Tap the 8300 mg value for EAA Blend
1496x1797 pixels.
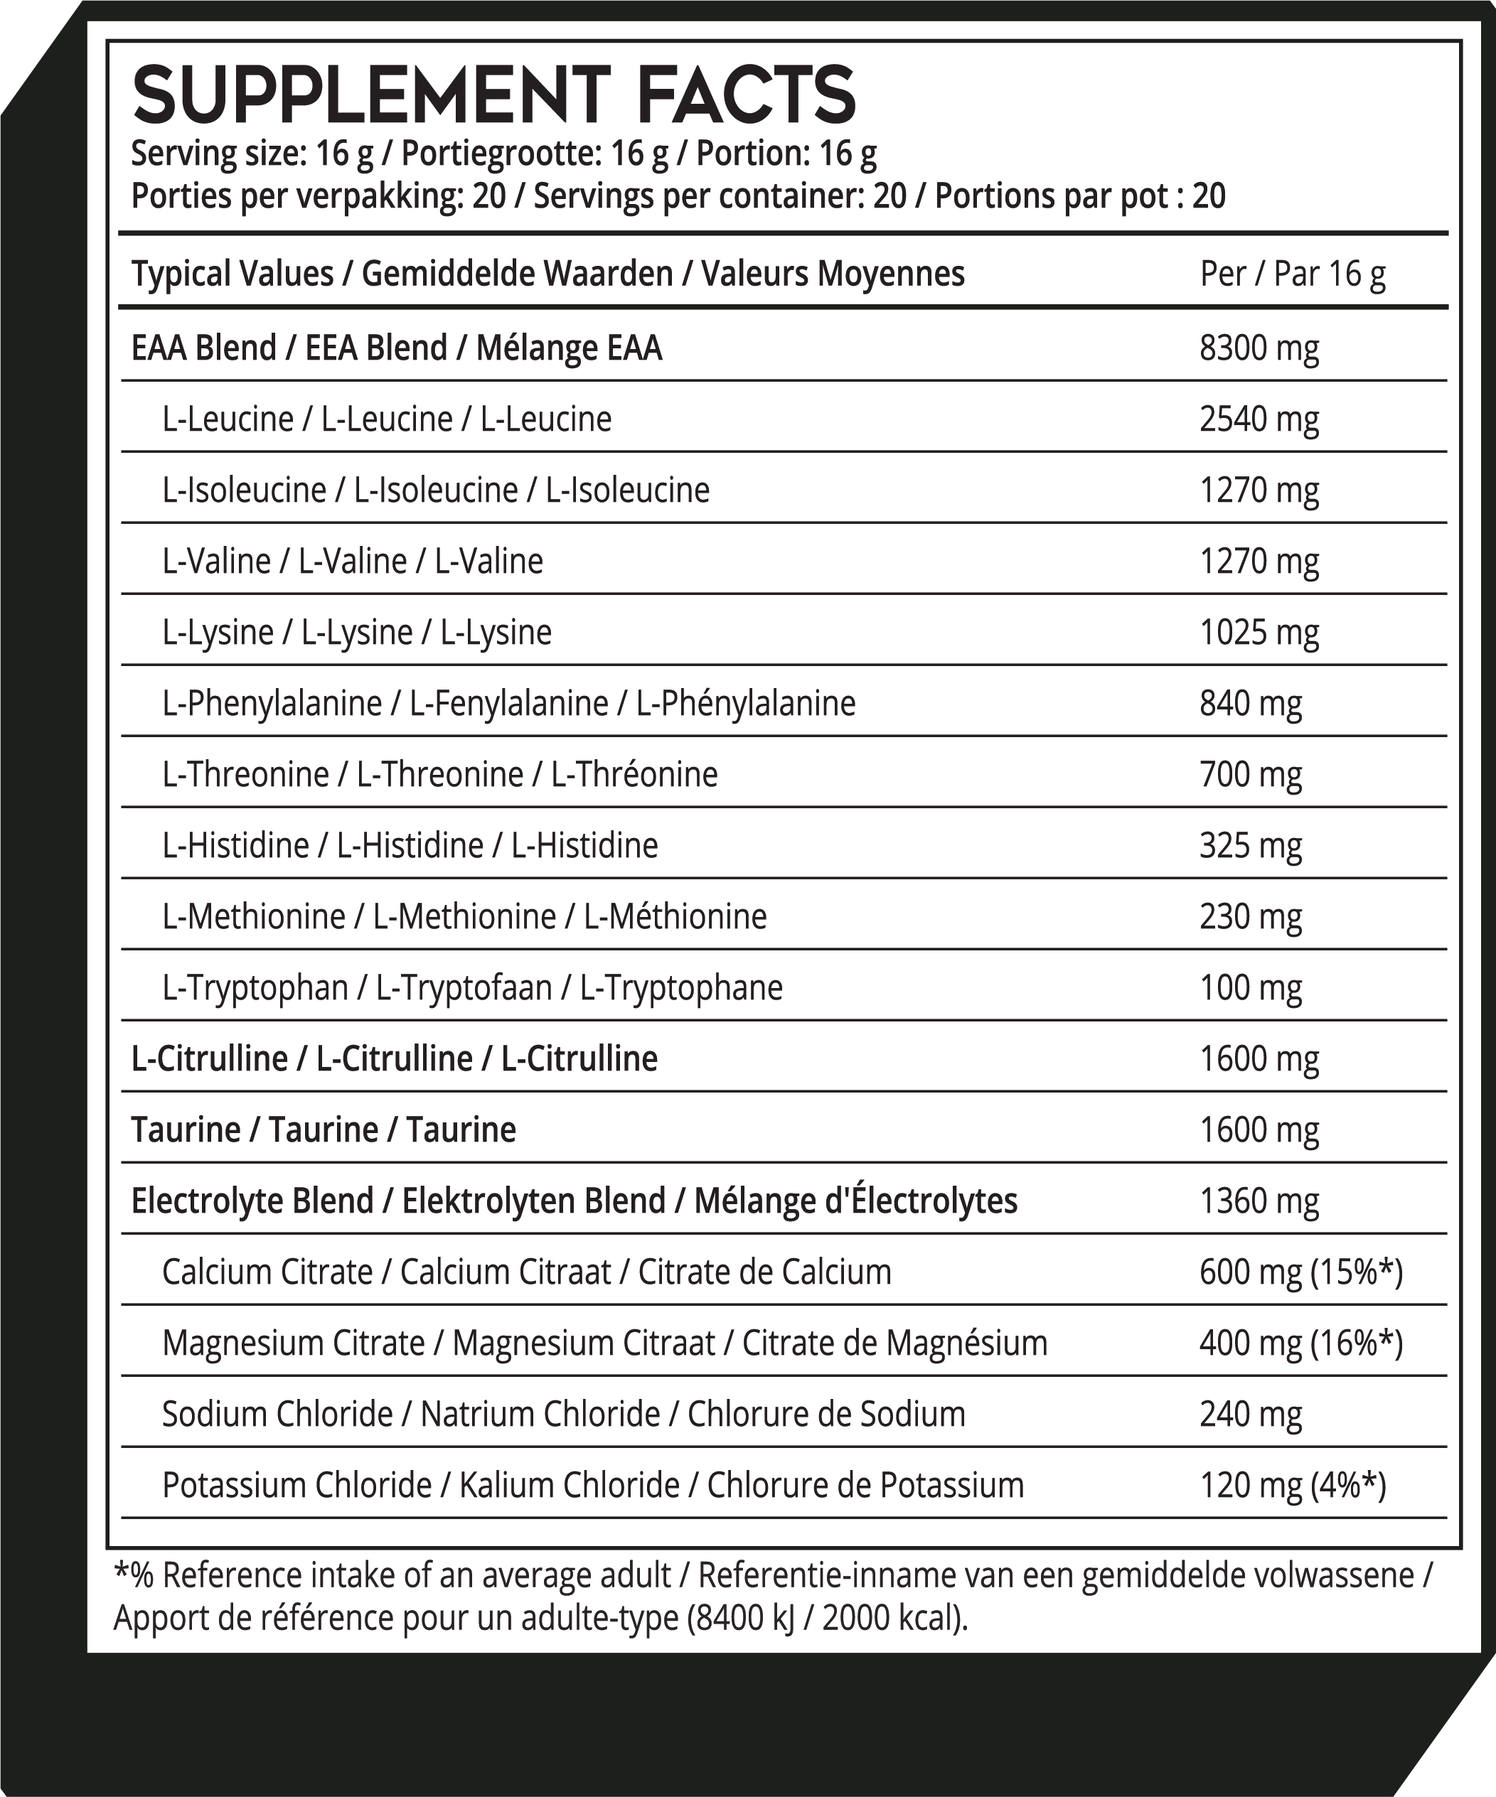coord(1259,348)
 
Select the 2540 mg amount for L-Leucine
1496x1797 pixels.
coord(1259,419)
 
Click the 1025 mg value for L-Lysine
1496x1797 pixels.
coord(1259,633)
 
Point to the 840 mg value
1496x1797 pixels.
coord(1251,704)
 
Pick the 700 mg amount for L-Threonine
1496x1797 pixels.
coord(1251,774)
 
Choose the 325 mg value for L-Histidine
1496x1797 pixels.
coord(1251,845)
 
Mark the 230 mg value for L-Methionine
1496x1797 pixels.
coord(1251,916)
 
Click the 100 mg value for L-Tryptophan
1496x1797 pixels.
coord(1251,987)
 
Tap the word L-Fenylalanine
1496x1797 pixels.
coord(508,704)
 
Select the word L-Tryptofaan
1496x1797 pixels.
coord(464,987)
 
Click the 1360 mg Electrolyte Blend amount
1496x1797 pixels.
coord(1259,1201)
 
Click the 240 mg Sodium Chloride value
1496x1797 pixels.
coord(1251,1414)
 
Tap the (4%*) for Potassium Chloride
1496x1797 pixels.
coord(1348,1485)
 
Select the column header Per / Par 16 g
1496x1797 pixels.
coord(1293,274)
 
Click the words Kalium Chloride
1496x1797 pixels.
coord(569,1485)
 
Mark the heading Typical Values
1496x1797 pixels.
coord(232,274)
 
